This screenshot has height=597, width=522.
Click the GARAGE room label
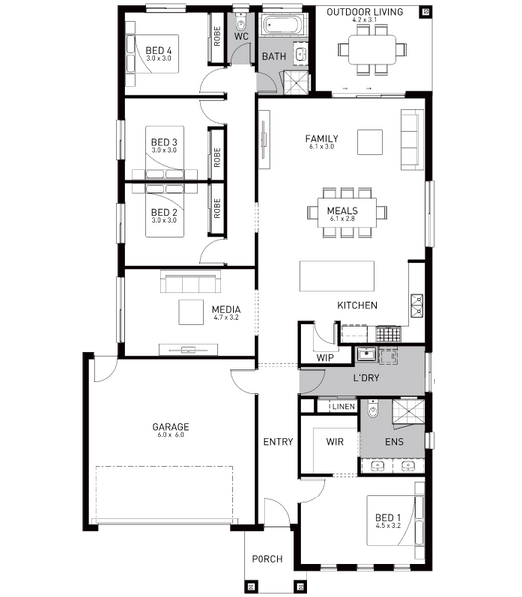point(170,427)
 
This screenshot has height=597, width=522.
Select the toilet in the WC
point(241,23)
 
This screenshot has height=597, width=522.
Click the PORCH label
point(267,559)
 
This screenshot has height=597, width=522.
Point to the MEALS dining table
point(347,213)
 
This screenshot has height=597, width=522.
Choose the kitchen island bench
point(337,276)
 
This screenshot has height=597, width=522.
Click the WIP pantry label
point(325,358)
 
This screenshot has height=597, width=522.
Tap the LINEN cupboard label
point(344,407)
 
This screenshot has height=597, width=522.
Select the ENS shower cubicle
point(408,411)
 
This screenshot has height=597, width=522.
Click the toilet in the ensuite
point(373,409)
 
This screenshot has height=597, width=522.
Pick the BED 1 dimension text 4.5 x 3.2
point(388,526)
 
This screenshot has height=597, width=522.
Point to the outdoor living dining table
point(372,49)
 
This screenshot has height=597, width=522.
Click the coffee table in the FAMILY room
point(370,142)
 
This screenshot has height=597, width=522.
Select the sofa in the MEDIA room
point(190,281)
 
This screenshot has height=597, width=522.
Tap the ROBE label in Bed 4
point(217,36)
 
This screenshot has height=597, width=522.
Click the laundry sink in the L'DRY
point(366,355)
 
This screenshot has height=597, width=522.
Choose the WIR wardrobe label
point(335,442)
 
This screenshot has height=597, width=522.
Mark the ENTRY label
point(278,442)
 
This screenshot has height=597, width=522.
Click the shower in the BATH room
point(296,82)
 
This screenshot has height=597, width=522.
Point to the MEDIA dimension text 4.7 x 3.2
point(226,318)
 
